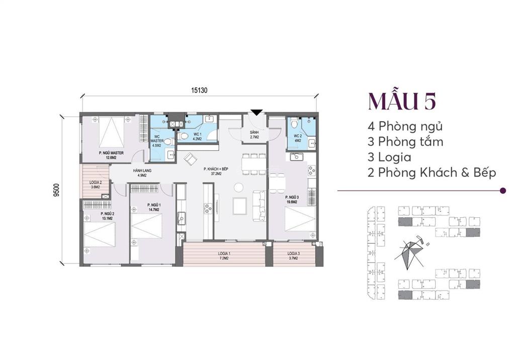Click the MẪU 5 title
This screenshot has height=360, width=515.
point(402,101)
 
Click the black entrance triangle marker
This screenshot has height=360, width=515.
point(256,112)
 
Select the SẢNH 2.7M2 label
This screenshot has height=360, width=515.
point(254,134)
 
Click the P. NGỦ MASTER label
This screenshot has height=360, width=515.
point(111,155)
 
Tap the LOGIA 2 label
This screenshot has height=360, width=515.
point(95,185)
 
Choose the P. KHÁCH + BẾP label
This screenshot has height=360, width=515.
point(216,171)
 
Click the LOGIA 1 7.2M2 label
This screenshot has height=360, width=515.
point(224,255)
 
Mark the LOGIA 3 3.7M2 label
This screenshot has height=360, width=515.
point(294,255)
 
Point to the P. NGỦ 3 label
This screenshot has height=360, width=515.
point(292,200)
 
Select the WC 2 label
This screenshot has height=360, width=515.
point(297,138)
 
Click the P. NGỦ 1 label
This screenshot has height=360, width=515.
point(153,207)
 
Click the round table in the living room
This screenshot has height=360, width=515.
point(239,187)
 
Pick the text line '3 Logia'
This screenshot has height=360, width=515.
point(389,157)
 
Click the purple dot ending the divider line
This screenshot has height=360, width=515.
point(503,191)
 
